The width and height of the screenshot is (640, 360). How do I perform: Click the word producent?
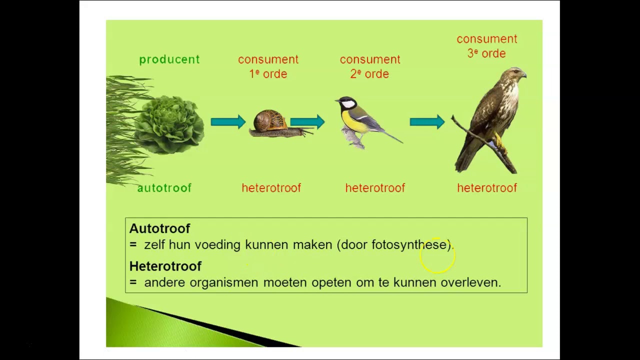(169, 59)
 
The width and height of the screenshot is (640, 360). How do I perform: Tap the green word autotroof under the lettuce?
(164, 188)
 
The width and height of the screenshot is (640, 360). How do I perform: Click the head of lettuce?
(170, 125)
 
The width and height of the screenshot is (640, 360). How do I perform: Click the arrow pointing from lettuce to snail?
(228, 121)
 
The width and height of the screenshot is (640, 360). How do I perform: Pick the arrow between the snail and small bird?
(307, 121)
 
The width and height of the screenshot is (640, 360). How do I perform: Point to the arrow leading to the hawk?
(427, 121)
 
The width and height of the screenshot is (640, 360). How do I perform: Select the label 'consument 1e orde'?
(268, 66)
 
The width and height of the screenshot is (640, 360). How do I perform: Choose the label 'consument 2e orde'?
(370, 66)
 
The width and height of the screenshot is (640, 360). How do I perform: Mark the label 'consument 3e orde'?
(486, 46)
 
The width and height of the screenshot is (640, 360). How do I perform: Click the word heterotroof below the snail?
(271, 188)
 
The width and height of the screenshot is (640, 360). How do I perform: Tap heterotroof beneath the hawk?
(486, 188)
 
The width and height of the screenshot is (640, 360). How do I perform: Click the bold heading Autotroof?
(159, 228)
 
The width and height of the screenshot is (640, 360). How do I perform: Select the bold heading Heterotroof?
(165, 266)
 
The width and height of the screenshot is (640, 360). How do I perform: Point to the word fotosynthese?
(410, 244)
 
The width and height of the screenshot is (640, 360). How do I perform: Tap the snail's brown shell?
(269, 121)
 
